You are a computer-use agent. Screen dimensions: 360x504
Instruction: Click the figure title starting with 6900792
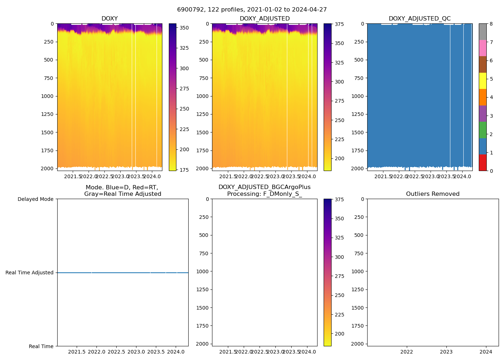252,10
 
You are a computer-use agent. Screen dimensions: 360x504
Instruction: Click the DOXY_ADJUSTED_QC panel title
419,19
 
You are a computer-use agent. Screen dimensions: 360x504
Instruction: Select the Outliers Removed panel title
433,194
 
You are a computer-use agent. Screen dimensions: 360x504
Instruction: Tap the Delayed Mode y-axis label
35,199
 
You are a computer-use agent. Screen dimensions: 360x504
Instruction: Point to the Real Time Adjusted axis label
30,273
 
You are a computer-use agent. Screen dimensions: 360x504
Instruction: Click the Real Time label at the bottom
41,346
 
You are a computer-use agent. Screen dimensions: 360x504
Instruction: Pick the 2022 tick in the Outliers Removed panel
407,352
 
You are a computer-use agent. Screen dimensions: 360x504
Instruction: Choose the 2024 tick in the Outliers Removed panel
486,352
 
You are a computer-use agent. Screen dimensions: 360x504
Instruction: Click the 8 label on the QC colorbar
491,24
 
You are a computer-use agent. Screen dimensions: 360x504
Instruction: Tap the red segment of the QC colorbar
483,163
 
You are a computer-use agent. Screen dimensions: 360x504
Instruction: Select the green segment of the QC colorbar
483,130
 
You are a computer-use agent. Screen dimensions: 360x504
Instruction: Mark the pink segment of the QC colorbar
483,48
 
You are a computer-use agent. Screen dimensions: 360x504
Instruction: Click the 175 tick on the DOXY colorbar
184,170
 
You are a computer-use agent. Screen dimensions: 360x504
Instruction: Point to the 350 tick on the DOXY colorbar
184,27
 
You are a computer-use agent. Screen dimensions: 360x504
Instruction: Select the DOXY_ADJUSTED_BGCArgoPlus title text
264,187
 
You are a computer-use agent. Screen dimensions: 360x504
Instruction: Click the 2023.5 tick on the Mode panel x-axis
156,352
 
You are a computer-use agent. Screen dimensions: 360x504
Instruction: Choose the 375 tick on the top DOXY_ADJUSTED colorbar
339,24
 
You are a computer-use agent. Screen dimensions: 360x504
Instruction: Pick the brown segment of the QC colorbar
483,64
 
